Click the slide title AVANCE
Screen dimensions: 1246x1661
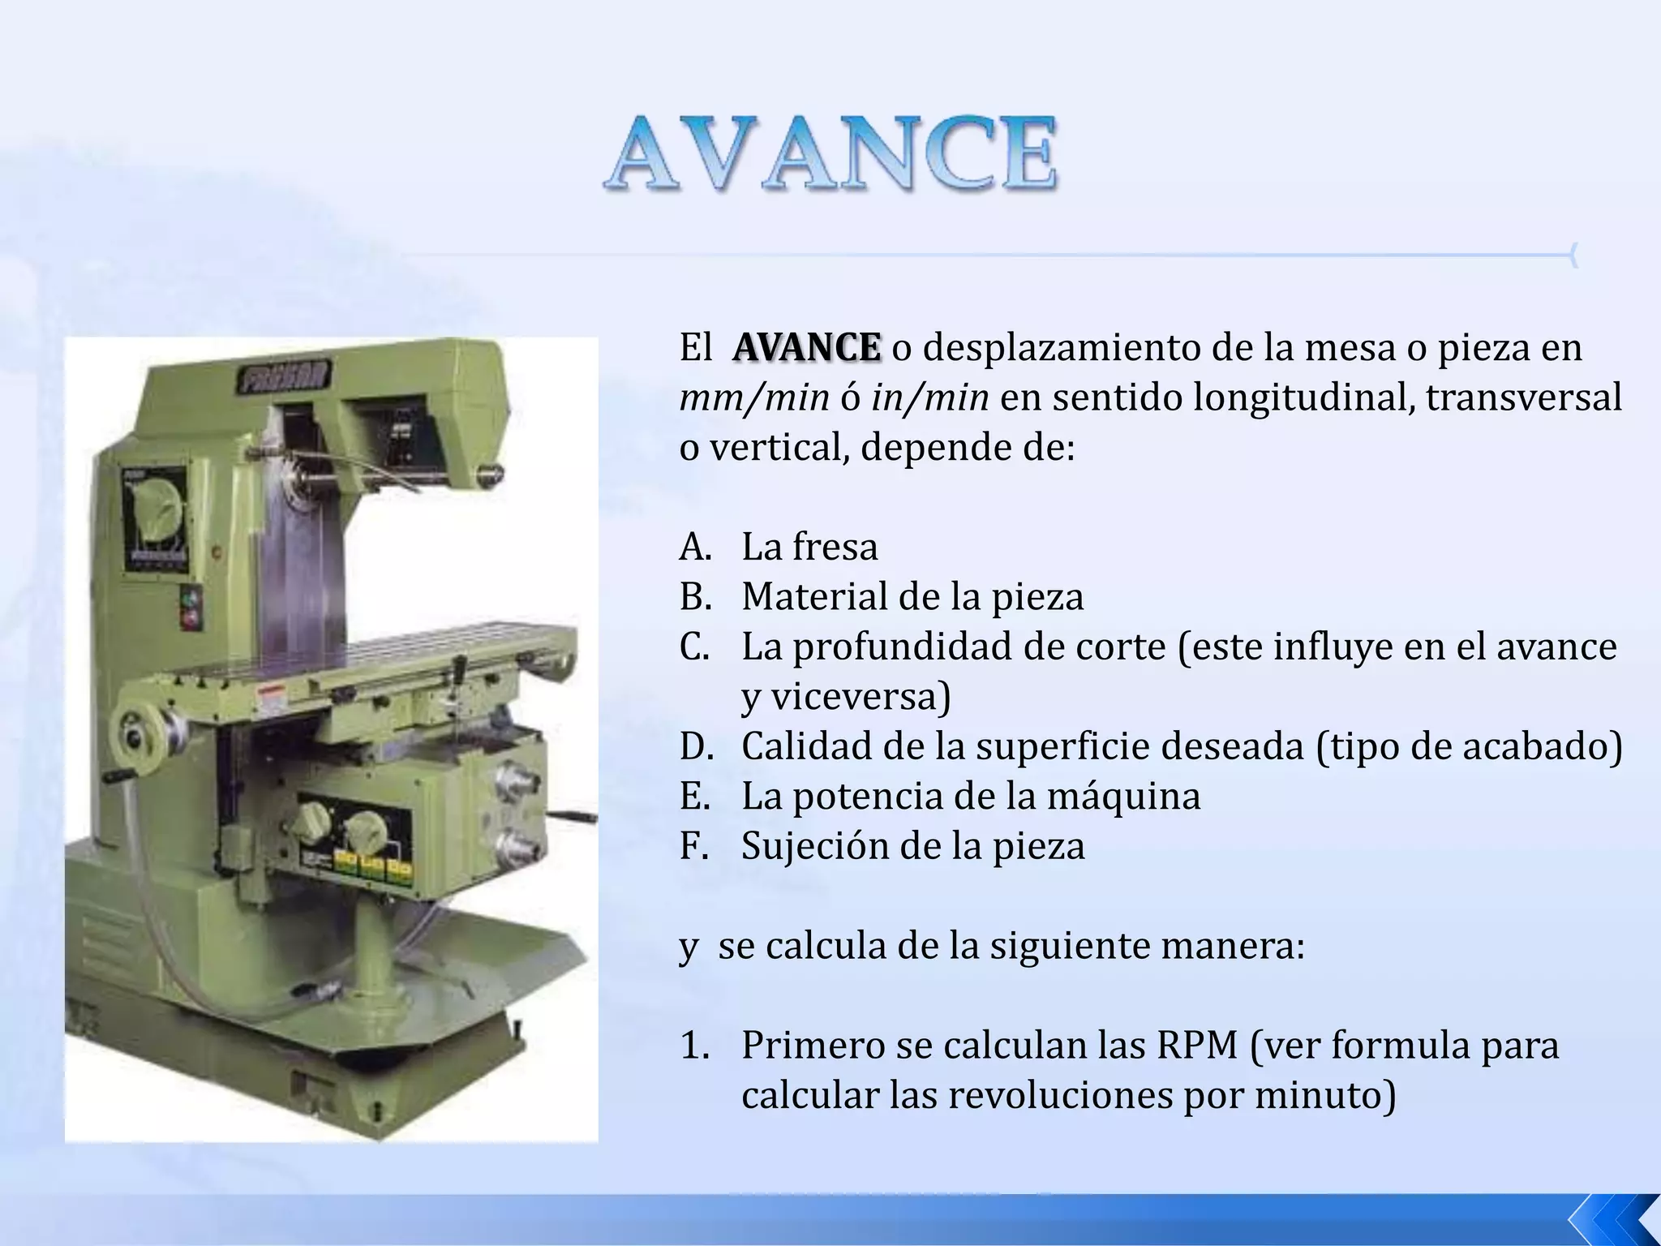[830, 153]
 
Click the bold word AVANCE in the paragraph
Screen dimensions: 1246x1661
[806, 347]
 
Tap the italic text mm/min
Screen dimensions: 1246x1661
[754, 397]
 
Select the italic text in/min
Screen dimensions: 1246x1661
[930, 397]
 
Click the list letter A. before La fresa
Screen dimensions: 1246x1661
[695, 547]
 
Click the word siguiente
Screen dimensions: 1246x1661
[1074, 946]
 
